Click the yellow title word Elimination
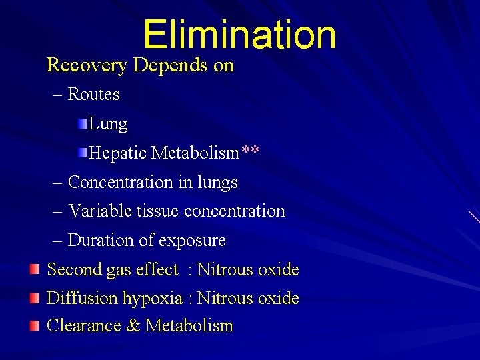click(239, 35)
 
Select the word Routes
click(94, 95)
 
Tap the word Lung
click(108, 124)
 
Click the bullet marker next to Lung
click(81, 123)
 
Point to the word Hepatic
click(118, 153)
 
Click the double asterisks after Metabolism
click(251, 151)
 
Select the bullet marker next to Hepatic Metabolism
click(81, 153)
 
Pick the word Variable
click(100, 211)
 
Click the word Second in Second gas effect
click(71, 270)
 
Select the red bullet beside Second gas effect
click(35, 269)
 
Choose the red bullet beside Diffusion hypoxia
click(35, 297)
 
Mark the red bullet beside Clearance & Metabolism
click(35, 325)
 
